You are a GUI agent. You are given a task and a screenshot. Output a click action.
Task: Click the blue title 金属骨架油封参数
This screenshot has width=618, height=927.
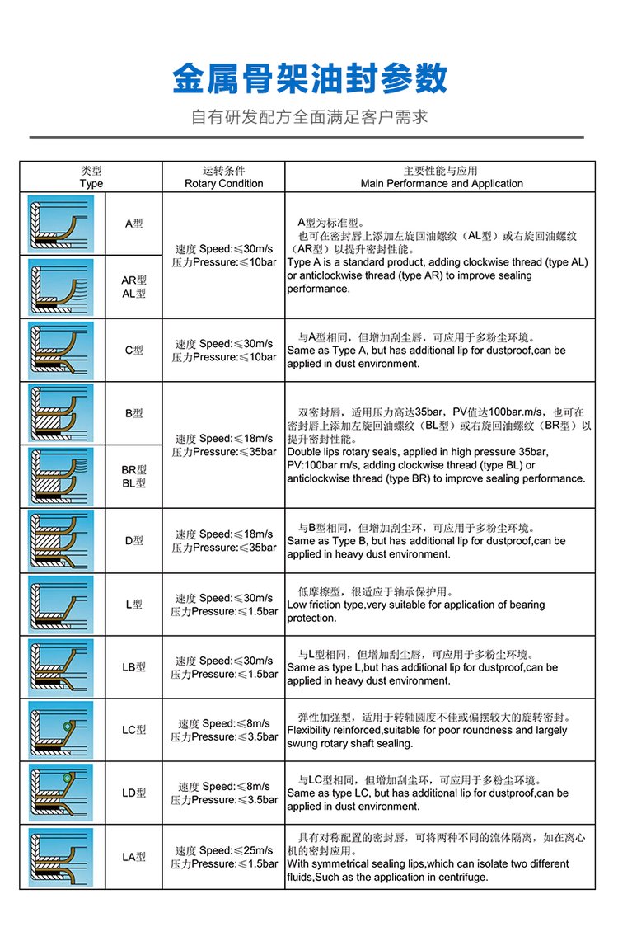(309, 79)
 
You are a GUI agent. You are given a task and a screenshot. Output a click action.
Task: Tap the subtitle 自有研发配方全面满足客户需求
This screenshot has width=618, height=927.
(309, 117)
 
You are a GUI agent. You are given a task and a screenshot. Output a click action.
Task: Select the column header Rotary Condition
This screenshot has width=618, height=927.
(223, 184)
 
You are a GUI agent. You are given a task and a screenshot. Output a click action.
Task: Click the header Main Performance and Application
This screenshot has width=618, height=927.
(442, 184)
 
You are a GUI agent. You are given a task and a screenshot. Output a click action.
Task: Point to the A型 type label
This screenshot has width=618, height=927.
(133, 224)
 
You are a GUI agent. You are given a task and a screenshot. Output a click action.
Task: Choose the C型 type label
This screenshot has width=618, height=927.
(133, 350)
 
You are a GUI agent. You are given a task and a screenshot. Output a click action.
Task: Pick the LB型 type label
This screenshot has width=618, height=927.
(133, 667)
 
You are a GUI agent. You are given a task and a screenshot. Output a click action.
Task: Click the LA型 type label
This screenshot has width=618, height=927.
(133, 857)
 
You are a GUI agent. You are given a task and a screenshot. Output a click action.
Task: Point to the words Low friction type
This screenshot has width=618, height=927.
(325, 605)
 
